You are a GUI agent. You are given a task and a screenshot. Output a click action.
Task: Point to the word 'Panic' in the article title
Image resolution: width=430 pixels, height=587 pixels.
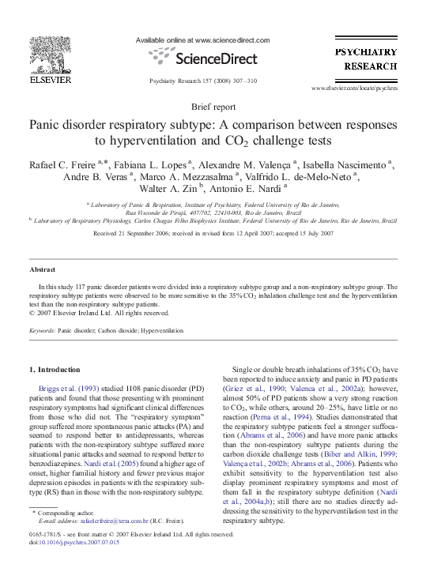point(50,126)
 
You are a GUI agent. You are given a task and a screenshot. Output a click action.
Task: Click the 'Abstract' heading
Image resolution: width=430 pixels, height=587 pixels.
point(43,269)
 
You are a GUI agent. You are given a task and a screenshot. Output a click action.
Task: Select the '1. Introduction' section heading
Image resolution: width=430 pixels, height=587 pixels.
point(55,369)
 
